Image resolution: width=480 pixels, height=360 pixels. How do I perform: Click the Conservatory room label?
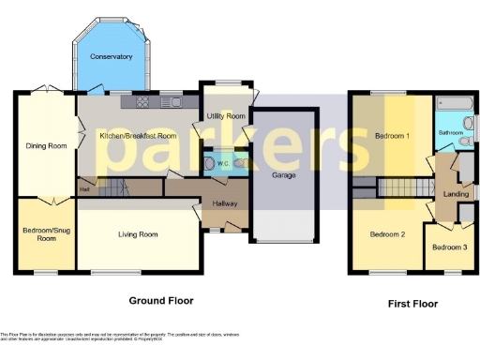click(111, 57)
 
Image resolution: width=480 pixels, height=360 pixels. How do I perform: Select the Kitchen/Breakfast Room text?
click(138, 136)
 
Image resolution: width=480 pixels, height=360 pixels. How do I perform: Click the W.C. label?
click(225, 163)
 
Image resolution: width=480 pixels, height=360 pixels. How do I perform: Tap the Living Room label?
click(138, 234)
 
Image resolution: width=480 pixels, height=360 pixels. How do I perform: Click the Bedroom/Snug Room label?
click(45, 234)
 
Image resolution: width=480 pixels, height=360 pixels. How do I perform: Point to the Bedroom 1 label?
click(392, 136)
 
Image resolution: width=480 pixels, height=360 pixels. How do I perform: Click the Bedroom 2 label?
click(386, 233)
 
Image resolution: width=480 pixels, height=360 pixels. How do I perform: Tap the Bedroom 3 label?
click(448, 247)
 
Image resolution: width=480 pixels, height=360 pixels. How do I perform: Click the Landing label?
click(456, 194)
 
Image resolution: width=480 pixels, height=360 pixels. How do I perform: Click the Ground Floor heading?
click(160, 301)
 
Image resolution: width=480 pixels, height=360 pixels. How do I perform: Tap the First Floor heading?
click(412, 304)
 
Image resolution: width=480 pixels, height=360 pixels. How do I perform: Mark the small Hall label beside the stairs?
click(84, 189)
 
